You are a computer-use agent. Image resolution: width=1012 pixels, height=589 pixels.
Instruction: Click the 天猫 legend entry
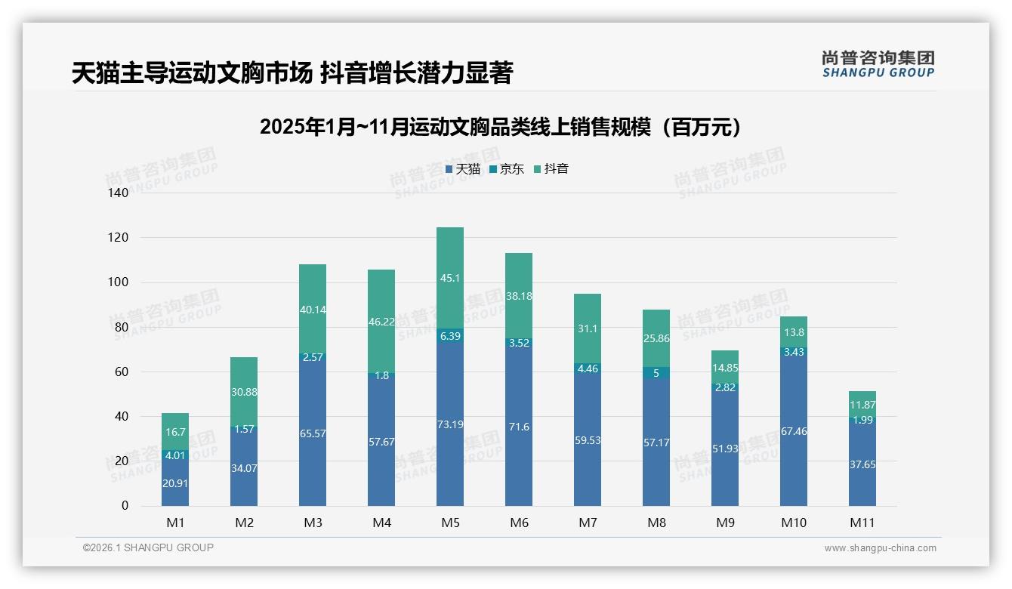(463, 169)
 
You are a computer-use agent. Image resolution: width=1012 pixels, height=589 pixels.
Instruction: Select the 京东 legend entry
(507, 169)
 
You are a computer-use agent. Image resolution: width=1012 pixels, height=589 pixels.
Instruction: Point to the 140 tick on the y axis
(119, 193)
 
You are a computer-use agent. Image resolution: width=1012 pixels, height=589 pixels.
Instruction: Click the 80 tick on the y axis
(121, 327)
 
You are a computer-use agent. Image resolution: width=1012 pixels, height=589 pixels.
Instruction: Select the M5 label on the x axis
(450, 523)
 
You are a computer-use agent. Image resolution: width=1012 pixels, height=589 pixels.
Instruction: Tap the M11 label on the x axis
(862, 523)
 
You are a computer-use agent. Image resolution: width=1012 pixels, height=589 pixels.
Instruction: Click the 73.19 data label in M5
(450, 424)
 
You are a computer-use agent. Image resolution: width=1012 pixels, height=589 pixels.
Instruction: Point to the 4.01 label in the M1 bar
(175, 455)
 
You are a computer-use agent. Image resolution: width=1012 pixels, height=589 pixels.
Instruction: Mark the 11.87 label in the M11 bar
(862, 405)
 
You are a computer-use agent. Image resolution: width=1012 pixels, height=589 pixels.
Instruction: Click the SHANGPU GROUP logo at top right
(878, 64)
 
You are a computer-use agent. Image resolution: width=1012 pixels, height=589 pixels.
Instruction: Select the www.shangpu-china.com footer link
(880, 548)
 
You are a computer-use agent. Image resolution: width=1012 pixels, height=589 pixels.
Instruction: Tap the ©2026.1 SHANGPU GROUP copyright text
(148, 547)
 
